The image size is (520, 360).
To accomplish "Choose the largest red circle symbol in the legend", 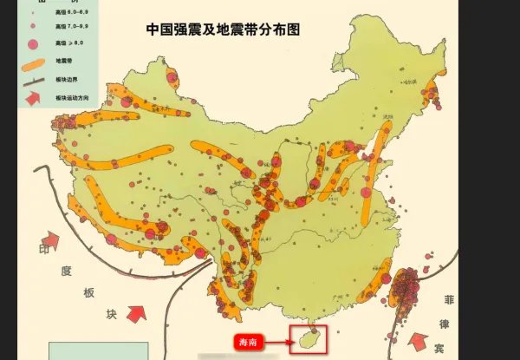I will (x=34, y=43).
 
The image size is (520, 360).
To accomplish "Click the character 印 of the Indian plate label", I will (x=36, y=258).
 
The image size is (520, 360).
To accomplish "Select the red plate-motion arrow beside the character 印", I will (x=51, y=240).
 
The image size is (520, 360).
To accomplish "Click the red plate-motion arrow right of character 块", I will (x=136, y=313).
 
